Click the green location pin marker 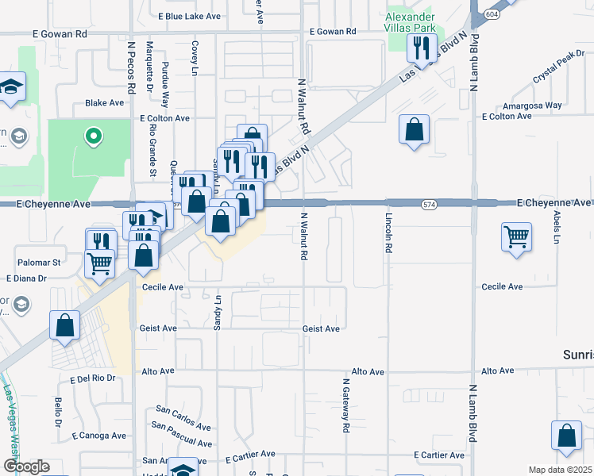coord(93,136)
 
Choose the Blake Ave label coord(105,103)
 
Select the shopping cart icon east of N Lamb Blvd coord(516,236)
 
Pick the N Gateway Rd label coord(346,405)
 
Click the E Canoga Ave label coord(99,436)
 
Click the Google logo coord(25,466)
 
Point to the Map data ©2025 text coord(559,470)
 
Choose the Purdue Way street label coord(165,85)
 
